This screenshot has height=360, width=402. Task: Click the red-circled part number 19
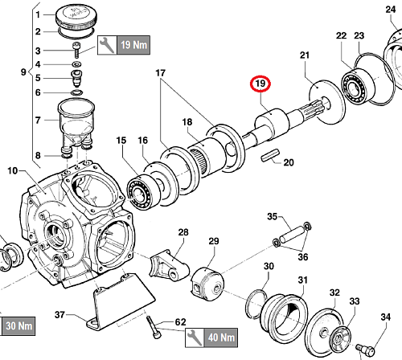(x=260, y=84)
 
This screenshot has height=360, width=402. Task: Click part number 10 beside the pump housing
(x=13, y=170)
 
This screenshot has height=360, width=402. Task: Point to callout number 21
(x=305, y=55)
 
